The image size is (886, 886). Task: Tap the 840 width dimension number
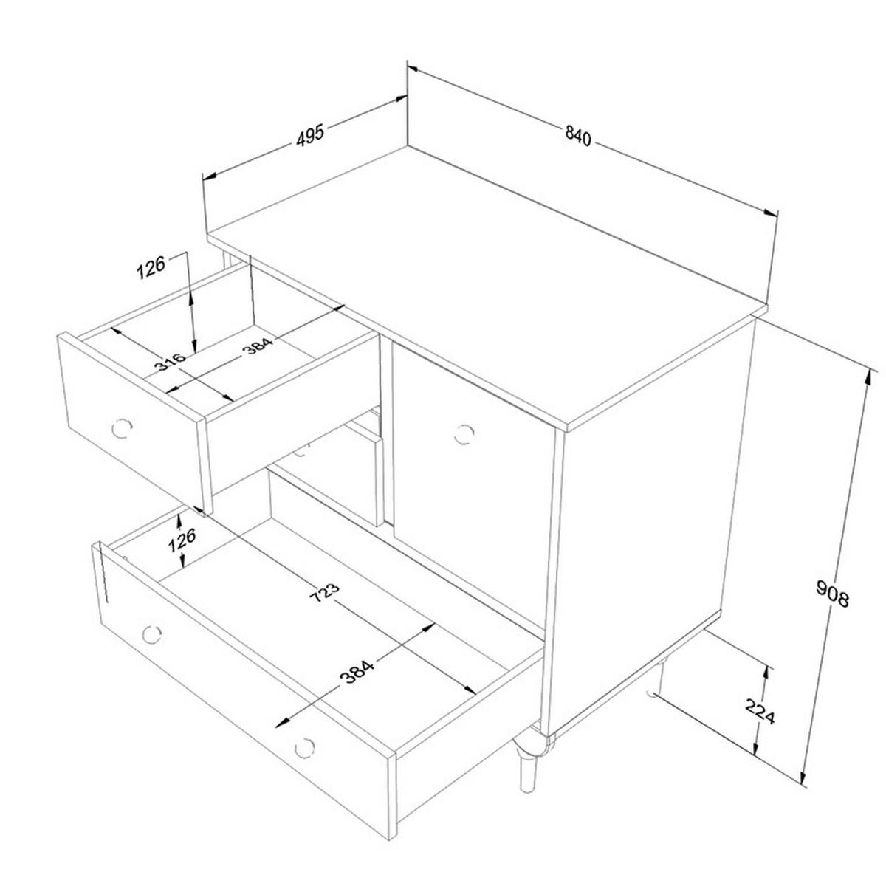(x=577, y=136)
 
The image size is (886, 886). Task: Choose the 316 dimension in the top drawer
(x=170, y=361)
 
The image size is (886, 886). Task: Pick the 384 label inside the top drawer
(x=258, y=346)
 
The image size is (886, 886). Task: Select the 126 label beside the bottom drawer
(x=182, y=539)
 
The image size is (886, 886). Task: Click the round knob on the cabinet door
(x=464, y=433)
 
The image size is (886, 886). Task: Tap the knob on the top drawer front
(x=122, y=428)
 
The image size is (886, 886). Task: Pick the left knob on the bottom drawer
(x=151, y=635)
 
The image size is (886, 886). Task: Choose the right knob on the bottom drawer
(x=304, y=748)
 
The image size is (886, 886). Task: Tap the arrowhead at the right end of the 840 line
(x=771, y=213)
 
